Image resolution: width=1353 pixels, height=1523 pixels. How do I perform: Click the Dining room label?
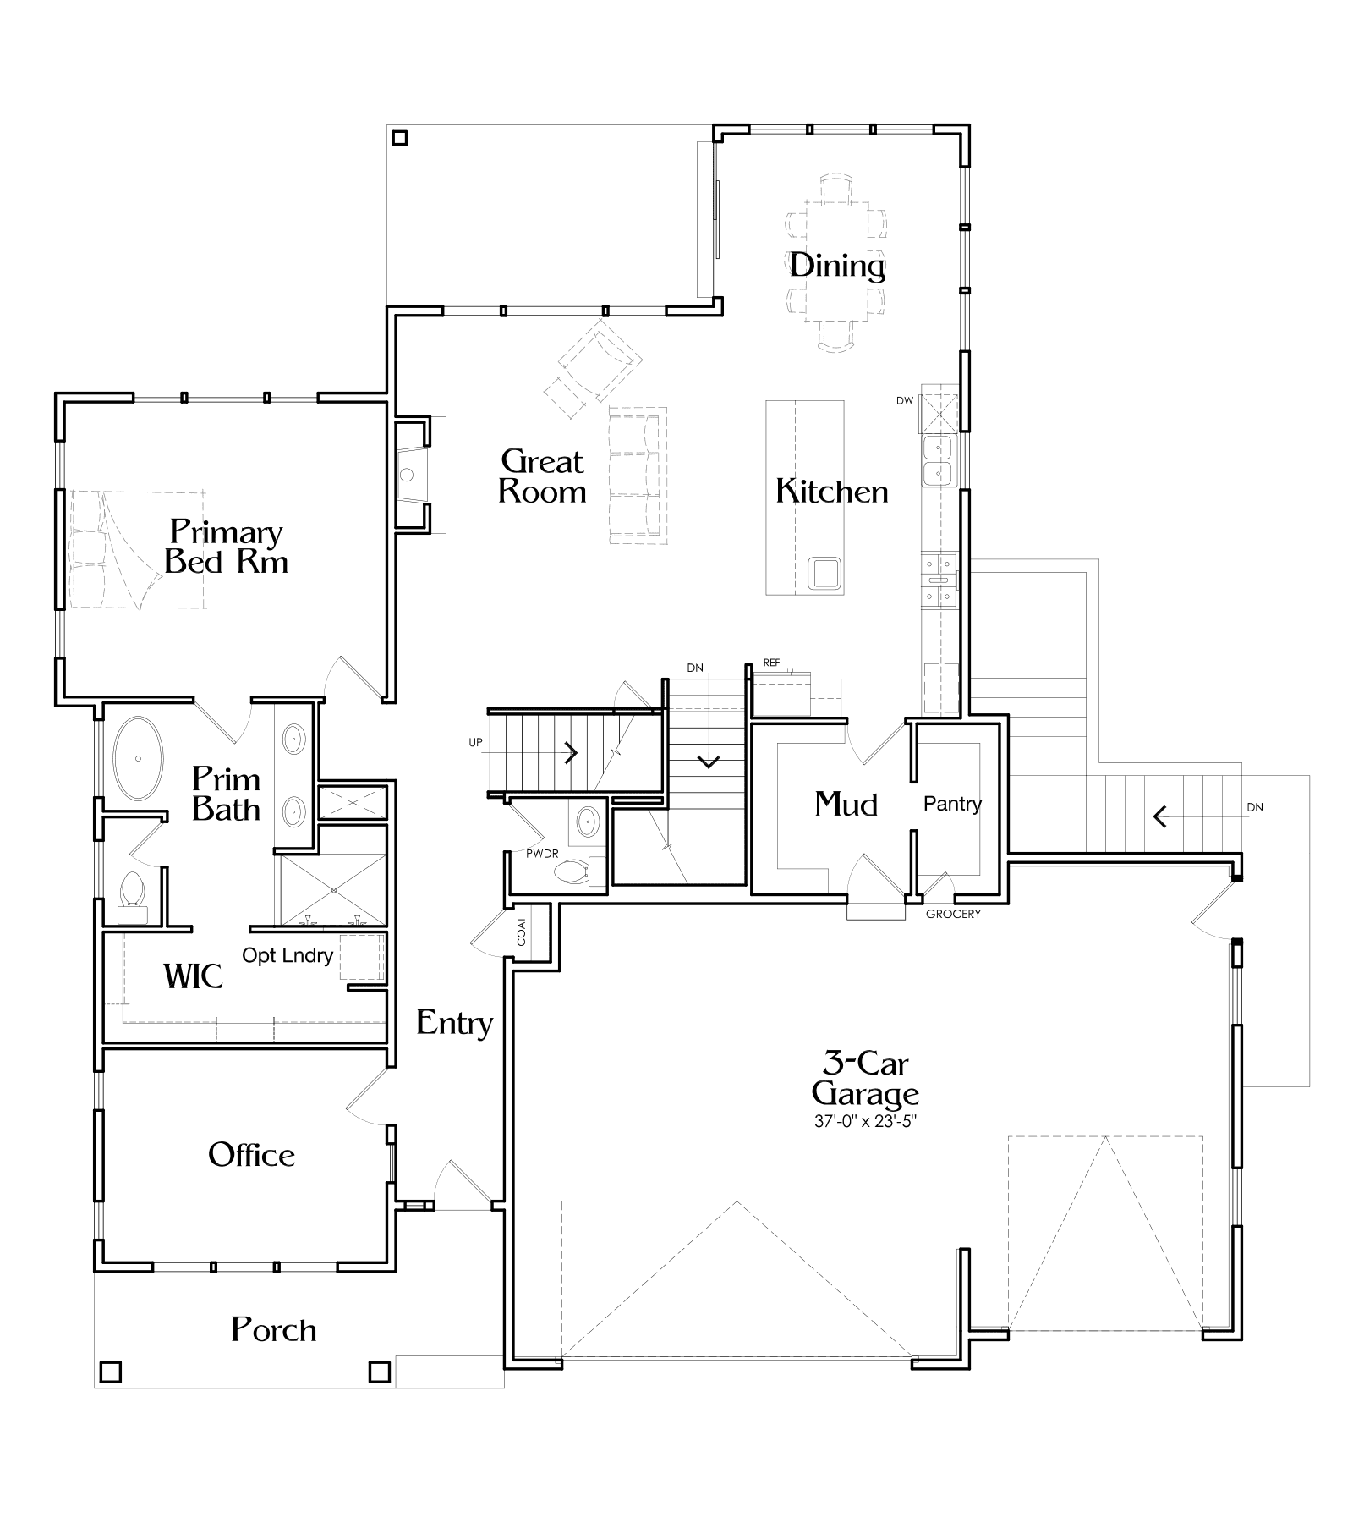click(x=837, y=266)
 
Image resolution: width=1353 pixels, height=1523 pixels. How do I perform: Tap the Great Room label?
click(x=542, y=476)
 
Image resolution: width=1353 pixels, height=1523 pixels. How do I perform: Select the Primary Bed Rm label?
click(x=226, y=547)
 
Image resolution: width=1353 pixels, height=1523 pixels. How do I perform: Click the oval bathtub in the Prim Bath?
click(x=138, y=759)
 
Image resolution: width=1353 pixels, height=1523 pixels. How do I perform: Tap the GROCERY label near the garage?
click(x=953, y=914)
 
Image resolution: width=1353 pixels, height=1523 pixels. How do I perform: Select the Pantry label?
click(x=952, y=804)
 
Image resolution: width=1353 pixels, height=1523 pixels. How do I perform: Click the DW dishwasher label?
click(x=905, y=400)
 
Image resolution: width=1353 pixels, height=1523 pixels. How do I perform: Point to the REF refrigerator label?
click(x=771, y=663)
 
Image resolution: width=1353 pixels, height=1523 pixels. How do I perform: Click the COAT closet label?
click(x=521, y=932)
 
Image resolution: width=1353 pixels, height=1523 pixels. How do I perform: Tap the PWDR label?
click(x=542, y=854)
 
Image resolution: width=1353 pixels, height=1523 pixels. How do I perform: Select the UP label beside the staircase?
click(x=475, y=742)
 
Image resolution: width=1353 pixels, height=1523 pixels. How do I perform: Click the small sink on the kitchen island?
click(x=824, y=573)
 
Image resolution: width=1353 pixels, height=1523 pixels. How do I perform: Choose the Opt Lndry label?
click(x=288, y=955)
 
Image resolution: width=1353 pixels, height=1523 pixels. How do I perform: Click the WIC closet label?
click(x=193, y=976)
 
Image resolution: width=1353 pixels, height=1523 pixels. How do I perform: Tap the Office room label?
click(x=251, y=1155)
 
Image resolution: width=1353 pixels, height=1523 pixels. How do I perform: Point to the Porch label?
click(x=274, y=1330)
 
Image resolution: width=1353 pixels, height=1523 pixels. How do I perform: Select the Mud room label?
click(x=846, y=804)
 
